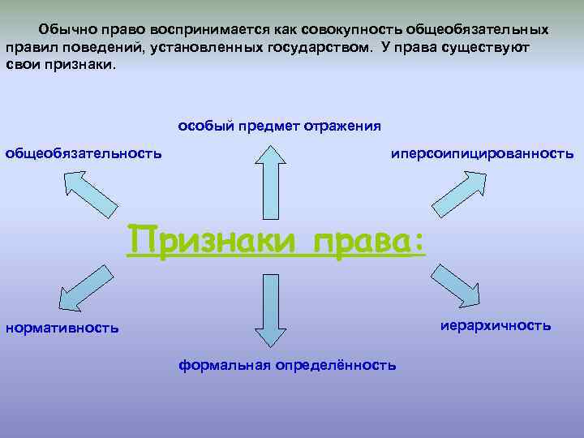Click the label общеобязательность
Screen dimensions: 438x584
84,152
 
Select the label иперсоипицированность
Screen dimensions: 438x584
482,153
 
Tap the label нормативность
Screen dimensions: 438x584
62,328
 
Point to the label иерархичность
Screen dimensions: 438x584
496,325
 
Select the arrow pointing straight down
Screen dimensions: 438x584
269,309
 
